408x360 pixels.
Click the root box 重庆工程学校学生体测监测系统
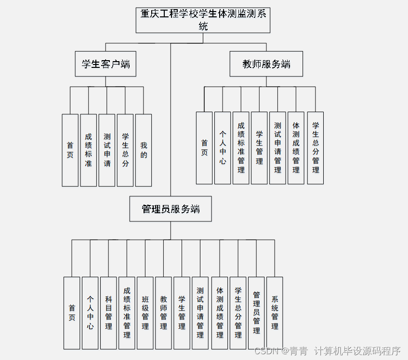pyautogui.click(x=203, y=20)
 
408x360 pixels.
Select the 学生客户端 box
pyautogui.click(x=105, y=64)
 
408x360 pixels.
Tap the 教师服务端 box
pyautogui.click(x=266, y=64)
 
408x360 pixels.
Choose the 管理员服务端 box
pyautogui.click(x=171, y=209)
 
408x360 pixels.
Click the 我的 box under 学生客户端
pyautogui.click(x=144, y=150)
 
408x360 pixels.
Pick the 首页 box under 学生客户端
pyautogui.click(x=70, y=150)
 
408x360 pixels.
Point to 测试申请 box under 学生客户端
pyautogui.click(x=107, y=150)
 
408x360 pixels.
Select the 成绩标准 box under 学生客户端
pyautogui.click(x=89, y=150)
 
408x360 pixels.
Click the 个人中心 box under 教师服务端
pyautogui.click(x=223, y=148)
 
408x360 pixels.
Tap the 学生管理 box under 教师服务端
pyautogui.click(x=259, y=148)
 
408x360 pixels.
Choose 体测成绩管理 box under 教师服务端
pyautogui.click(x=296, y=148)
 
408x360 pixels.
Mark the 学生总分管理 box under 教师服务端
pyautogui.click(x=316, y=148)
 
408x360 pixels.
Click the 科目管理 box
pyautogui.click(x=108, y=313)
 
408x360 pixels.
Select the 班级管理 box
pyautogui.click(x=145, y=313)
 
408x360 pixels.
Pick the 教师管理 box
pyautogui.click(x=163, y=313)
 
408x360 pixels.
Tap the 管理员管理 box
pyautogui.click(x=256, y=313)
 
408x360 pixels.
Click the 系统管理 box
pyautogui.click(x=275, y=313)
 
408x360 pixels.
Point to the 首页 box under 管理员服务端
pyautogui.click(x=72, y=313)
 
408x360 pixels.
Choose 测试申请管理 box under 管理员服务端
pyautogui.click(x=200, y=313)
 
